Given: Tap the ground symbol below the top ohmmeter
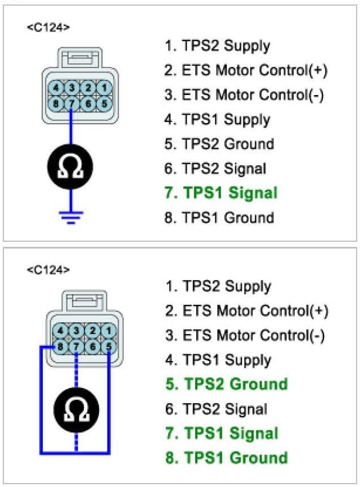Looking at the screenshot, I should (x=71, y=216).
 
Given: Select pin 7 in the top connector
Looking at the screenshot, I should (x=72, y=104).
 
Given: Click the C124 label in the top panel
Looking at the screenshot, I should (x=48, y=28).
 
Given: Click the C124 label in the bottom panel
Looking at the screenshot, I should (x=48, y=269).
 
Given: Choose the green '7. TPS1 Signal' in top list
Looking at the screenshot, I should (x=221, y=193).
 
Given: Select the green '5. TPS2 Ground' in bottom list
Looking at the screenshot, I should (x=226, y=384).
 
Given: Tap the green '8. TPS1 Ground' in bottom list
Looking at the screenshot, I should (x=226, y=457).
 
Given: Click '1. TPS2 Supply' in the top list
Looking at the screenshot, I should (x=217, y=46).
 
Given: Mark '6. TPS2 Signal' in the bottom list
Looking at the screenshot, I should (x=216, y=409).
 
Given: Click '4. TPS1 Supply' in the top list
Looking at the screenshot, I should (x=217, y=119).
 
